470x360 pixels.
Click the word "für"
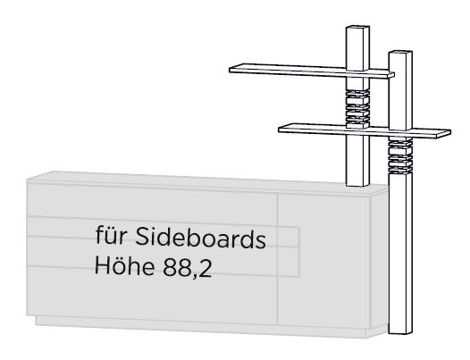point(110,236)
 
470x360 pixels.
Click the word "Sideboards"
point(200,238)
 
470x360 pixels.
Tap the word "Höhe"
point(125,265)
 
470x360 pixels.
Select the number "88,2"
point(188,267)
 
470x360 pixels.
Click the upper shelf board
point(312,71)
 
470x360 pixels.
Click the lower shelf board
point(365,130)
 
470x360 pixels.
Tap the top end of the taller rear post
point(357,28)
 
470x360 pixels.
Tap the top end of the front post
point(400,52)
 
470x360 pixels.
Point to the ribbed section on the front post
point(400,155)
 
